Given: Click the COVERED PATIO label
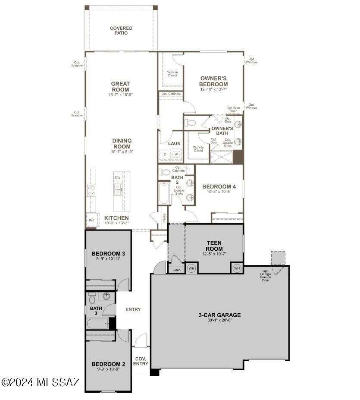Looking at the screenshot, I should (x=121, y=31).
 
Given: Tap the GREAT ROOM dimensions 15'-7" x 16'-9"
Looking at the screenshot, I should (x=120, y=94).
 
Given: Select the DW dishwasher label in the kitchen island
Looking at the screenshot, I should (x=117, y=178).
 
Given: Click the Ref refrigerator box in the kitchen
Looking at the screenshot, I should (x=91, y=220).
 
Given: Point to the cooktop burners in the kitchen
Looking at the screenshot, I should (x=91, y=190).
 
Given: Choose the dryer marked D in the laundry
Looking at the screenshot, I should (x=165, y=154).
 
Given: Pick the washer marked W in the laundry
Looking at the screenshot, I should (x=176, y=154).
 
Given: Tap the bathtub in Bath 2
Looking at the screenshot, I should (x=164, y=193).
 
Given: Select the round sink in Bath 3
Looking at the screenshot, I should (x=106, y=296).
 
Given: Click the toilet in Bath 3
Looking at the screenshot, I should (x=92, y=298).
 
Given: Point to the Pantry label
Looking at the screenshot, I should (x=164, y=218).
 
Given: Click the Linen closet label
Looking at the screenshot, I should (x=177, y=270).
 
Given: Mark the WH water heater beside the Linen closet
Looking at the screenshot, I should (x=192, y=268).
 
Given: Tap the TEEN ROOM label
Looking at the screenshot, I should (x=214, y=246).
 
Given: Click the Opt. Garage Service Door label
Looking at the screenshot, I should (x=265, y=275).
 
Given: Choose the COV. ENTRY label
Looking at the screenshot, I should (x=141, y=361).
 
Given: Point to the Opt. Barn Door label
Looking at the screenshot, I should (x=233, y=110).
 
